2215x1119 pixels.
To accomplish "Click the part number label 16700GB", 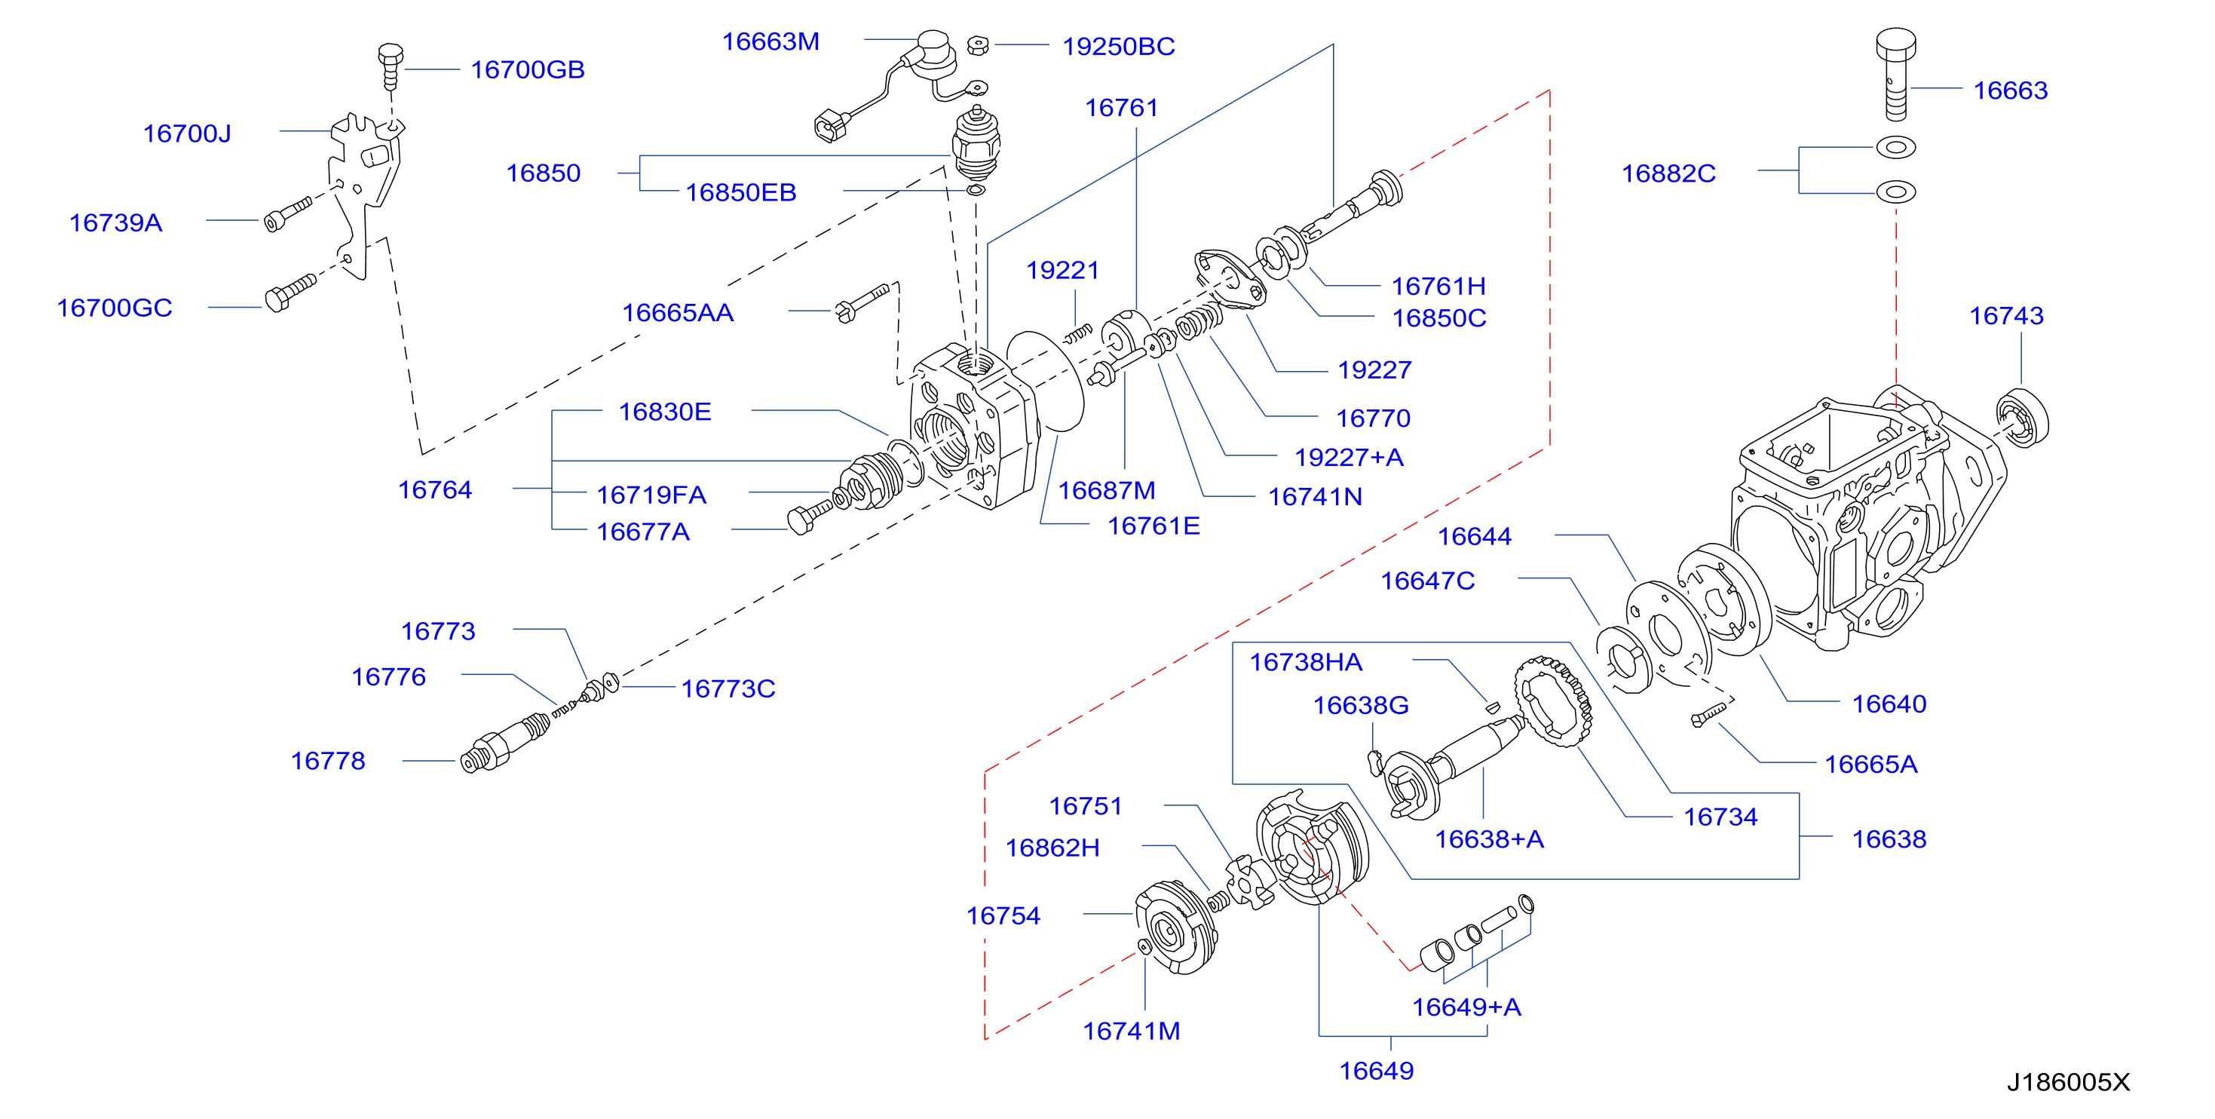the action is (x=527, y=69).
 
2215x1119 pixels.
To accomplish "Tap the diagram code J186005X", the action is (x=2068, y=1082).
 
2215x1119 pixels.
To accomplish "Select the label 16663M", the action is (x=771, y=41).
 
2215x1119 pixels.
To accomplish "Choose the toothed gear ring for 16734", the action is (x=1553, y=701).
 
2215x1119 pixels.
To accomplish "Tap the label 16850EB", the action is (x=740, y=193).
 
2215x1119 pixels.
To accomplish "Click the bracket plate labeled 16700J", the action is (x=365, y=195).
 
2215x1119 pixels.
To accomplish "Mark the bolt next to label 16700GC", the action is (x=290, y=293).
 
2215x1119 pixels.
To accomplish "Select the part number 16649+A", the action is (x=1466, y=1007).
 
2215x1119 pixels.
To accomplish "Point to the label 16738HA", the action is (x=1305, y=662).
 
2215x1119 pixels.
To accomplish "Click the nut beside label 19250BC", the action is (x=978, y=45).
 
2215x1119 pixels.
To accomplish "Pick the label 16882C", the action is (x=1668, y=173).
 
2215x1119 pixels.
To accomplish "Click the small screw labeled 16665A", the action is (x=1708, y=715).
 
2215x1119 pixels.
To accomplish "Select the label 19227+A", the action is (x=1348, y=458).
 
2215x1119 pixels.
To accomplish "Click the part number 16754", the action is (x=1003, y=916).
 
